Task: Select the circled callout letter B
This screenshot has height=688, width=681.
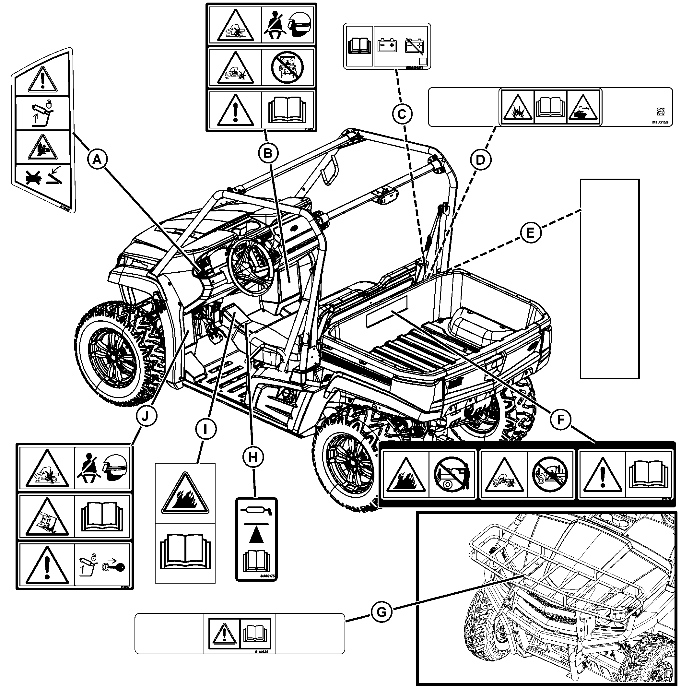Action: [x=268, y=153]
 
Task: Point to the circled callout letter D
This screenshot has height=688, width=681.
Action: [x=480, y=160]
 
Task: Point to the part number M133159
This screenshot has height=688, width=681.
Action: [x=660, y=122]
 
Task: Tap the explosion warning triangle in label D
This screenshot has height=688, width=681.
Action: [x=518, y=108]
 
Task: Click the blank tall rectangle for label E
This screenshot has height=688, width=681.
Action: [x=609, y=279]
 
